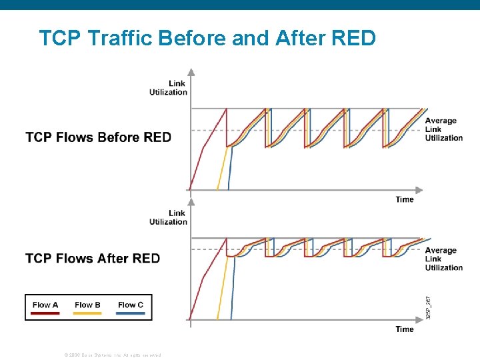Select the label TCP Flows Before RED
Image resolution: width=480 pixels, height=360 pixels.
point(98,138)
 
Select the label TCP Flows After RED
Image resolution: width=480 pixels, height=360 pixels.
point(93,259)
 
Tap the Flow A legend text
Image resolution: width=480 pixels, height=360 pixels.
point(45,305)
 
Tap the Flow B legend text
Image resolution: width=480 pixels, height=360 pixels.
point(87,305)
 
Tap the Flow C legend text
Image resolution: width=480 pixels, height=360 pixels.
point(130,305)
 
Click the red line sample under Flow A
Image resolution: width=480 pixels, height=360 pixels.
point(45,313)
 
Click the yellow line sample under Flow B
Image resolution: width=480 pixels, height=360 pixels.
point(87,313)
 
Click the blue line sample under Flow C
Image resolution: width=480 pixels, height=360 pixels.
point(130,313)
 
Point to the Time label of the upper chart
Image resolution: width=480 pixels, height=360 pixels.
point(404,199)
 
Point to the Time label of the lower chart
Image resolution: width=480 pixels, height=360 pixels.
point(404,329)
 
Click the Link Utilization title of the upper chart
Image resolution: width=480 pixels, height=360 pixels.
point(169,88)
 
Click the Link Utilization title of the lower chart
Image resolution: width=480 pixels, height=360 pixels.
point(169,217)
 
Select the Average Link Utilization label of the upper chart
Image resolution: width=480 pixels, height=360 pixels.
point(443,129)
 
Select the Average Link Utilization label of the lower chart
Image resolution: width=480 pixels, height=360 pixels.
point(443,259)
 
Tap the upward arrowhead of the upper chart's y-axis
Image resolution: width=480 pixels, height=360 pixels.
point(191,72)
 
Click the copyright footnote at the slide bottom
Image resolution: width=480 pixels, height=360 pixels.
point(112,355)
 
